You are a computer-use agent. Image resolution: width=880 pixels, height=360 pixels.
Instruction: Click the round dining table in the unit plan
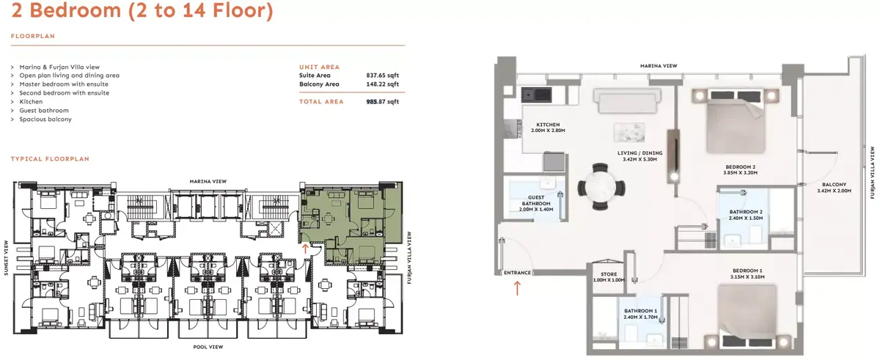click(x=601, y=187)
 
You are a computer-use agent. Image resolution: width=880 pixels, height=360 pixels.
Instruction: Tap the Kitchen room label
click(x=548, y=125)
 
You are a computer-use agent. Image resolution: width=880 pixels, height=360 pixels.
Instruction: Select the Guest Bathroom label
click(x=536, y=201)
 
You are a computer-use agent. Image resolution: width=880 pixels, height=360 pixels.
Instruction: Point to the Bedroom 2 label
click(x=741, y=167)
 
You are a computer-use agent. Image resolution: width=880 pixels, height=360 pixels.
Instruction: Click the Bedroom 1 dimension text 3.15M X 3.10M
click(x=747, y=276)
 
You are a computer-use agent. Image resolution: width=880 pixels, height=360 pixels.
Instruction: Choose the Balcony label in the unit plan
click(x=834, y=185)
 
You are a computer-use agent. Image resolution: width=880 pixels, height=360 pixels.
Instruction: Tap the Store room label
click(x=609, y=274)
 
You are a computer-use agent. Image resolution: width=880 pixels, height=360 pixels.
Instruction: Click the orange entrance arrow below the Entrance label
click(x=517, y=289)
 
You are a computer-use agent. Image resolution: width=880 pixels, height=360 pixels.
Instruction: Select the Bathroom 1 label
click(x=640, y=311)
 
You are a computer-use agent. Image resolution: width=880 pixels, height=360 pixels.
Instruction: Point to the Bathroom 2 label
click(x=746, y=212)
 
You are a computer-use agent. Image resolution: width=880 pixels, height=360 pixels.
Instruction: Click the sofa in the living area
click(x=628, y=101)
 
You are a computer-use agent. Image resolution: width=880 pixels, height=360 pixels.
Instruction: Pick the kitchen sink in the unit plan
click(x=536, y=95)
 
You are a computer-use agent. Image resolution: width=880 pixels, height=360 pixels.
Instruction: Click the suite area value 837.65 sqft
click(x=382, y=76)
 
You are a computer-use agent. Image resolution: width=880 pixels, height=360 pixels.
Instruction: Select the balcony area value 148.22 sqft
click(x=382, y=84)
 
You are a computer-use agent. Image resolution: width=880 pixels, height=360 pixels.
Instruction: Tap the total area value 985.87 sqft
click(x=382, y=102)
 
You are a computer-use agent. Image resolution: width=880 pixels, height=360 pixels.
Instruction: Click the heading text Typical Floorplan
click(x=50, y=159)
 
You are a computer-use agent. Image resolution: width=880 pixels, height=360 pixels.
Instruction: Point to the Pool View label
click(x=208, y=347)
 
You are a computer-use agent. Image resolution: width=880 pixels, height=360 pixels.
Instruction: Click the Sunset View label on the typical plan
click(x=7, y=258)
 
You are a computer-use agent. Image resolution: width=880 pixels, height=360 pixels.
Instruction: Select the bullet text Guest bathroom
click(x=44, y=110)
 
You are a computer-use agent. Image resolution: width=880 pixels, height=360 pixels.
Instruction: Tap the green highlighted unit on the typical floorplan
click(x=345, y=220)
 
